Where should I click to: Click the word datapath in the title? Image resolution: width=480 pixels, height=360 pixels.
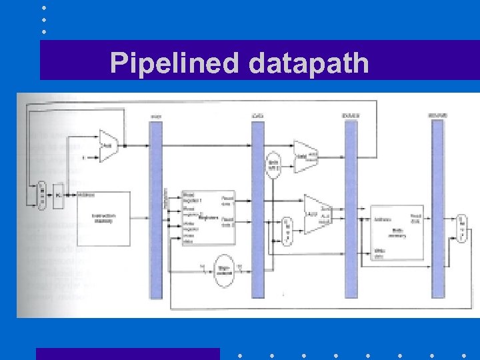click(309, 63)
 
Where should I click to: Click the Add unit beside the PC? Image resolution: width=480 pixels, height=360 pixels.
click(107, 144)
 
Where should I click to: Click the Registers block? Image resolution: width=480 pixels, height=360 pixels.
click(208, 217)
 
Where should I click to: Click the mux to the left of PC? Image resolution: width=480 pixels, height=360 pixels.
click(41, 194)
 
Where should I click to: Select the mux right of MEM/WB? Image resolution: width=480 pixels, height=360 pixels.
click(461, 227)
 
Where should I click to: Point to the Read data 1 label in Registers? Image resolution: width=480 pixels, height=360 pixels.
click(227, 198)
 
